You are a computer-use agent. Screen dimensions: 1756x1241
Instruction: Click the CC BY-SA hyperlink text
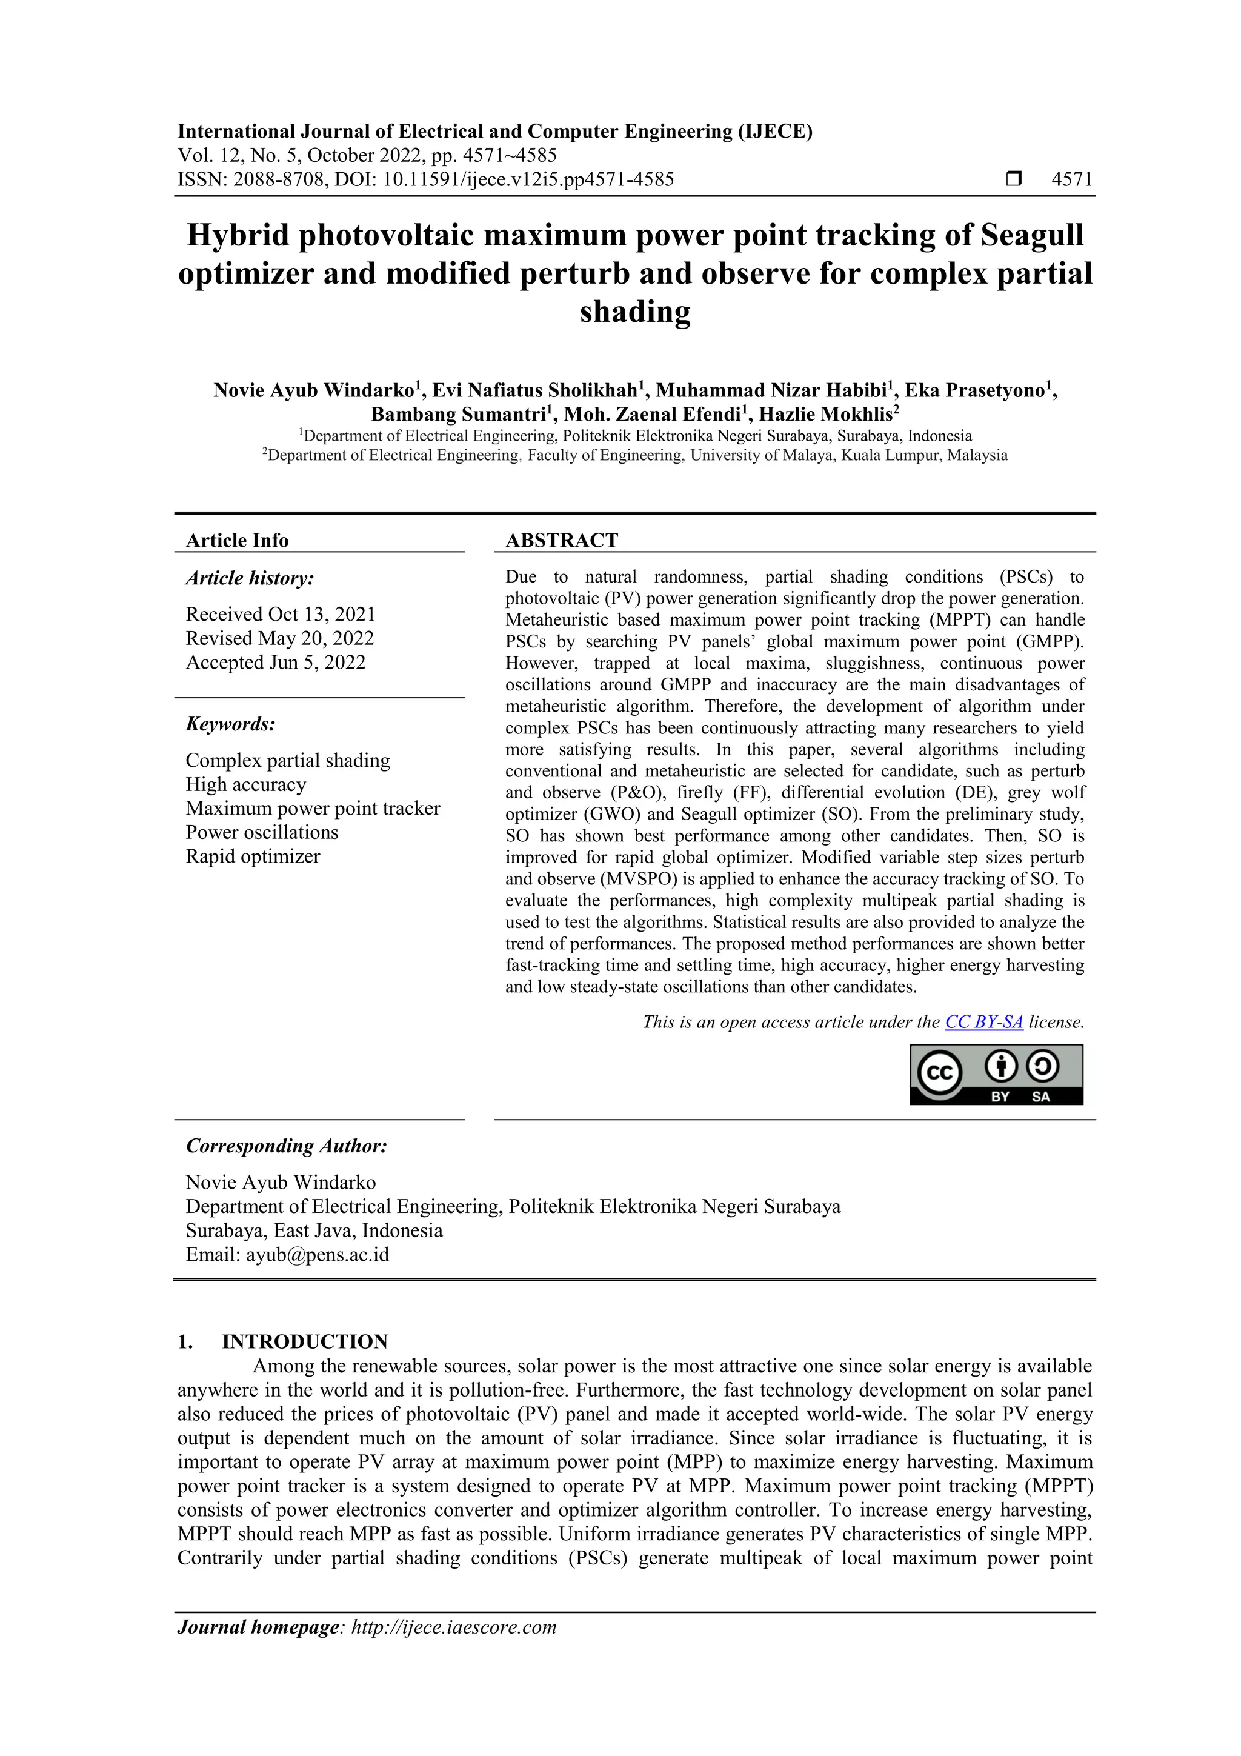(983, 1022)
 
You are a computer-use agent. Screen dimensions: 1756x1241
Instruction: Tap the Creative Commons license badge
(996, 1075)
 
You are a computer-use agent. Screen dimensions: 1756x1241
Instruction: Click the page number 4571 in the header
(1072, 180)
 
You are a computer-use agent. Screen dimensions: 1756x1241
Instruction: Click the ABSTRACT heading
(561, 540)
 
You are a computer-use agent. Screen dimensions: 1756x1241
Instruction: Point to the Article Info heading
(237, 540)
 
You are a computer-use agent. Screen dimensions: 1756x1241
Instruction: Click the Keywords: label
(230, 724)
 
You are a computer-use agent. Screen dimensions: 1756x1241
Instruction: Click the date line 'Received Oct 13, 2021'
(281, 614)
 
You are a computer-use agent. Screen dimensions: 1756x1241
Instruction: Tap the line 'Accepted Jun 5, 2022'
(275, 663)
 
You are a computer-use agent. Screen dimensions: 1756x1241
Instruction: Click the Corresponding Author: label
(286, 1146)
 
